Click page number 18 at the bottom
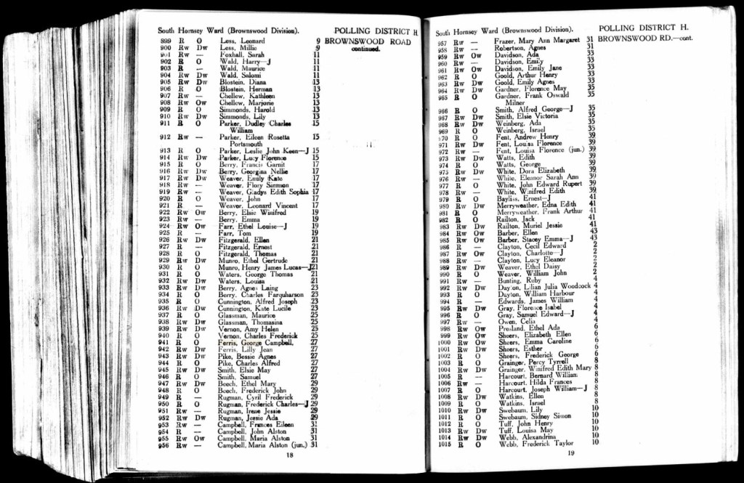coord(289,455)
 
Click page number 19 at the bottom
coord(571,453)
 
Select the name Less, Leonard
coord(241,41)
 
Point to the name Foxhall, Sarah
coord(242,54)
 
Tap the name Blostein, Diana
coord(244,82)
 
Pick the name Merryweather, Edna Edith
coord(537,204)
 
